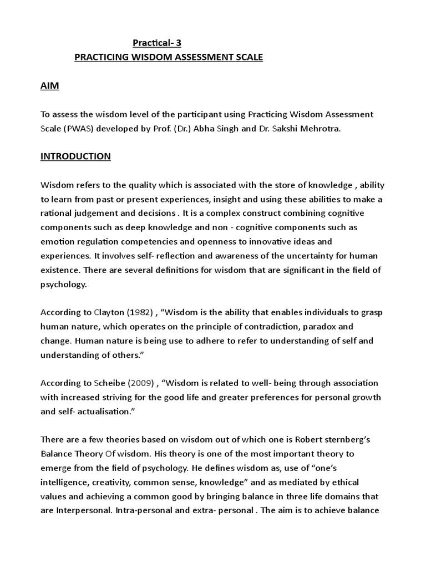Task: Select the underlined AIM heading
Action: (x=50, y=86)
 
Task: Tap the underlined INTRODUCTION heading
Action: (x=75, y=156)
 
